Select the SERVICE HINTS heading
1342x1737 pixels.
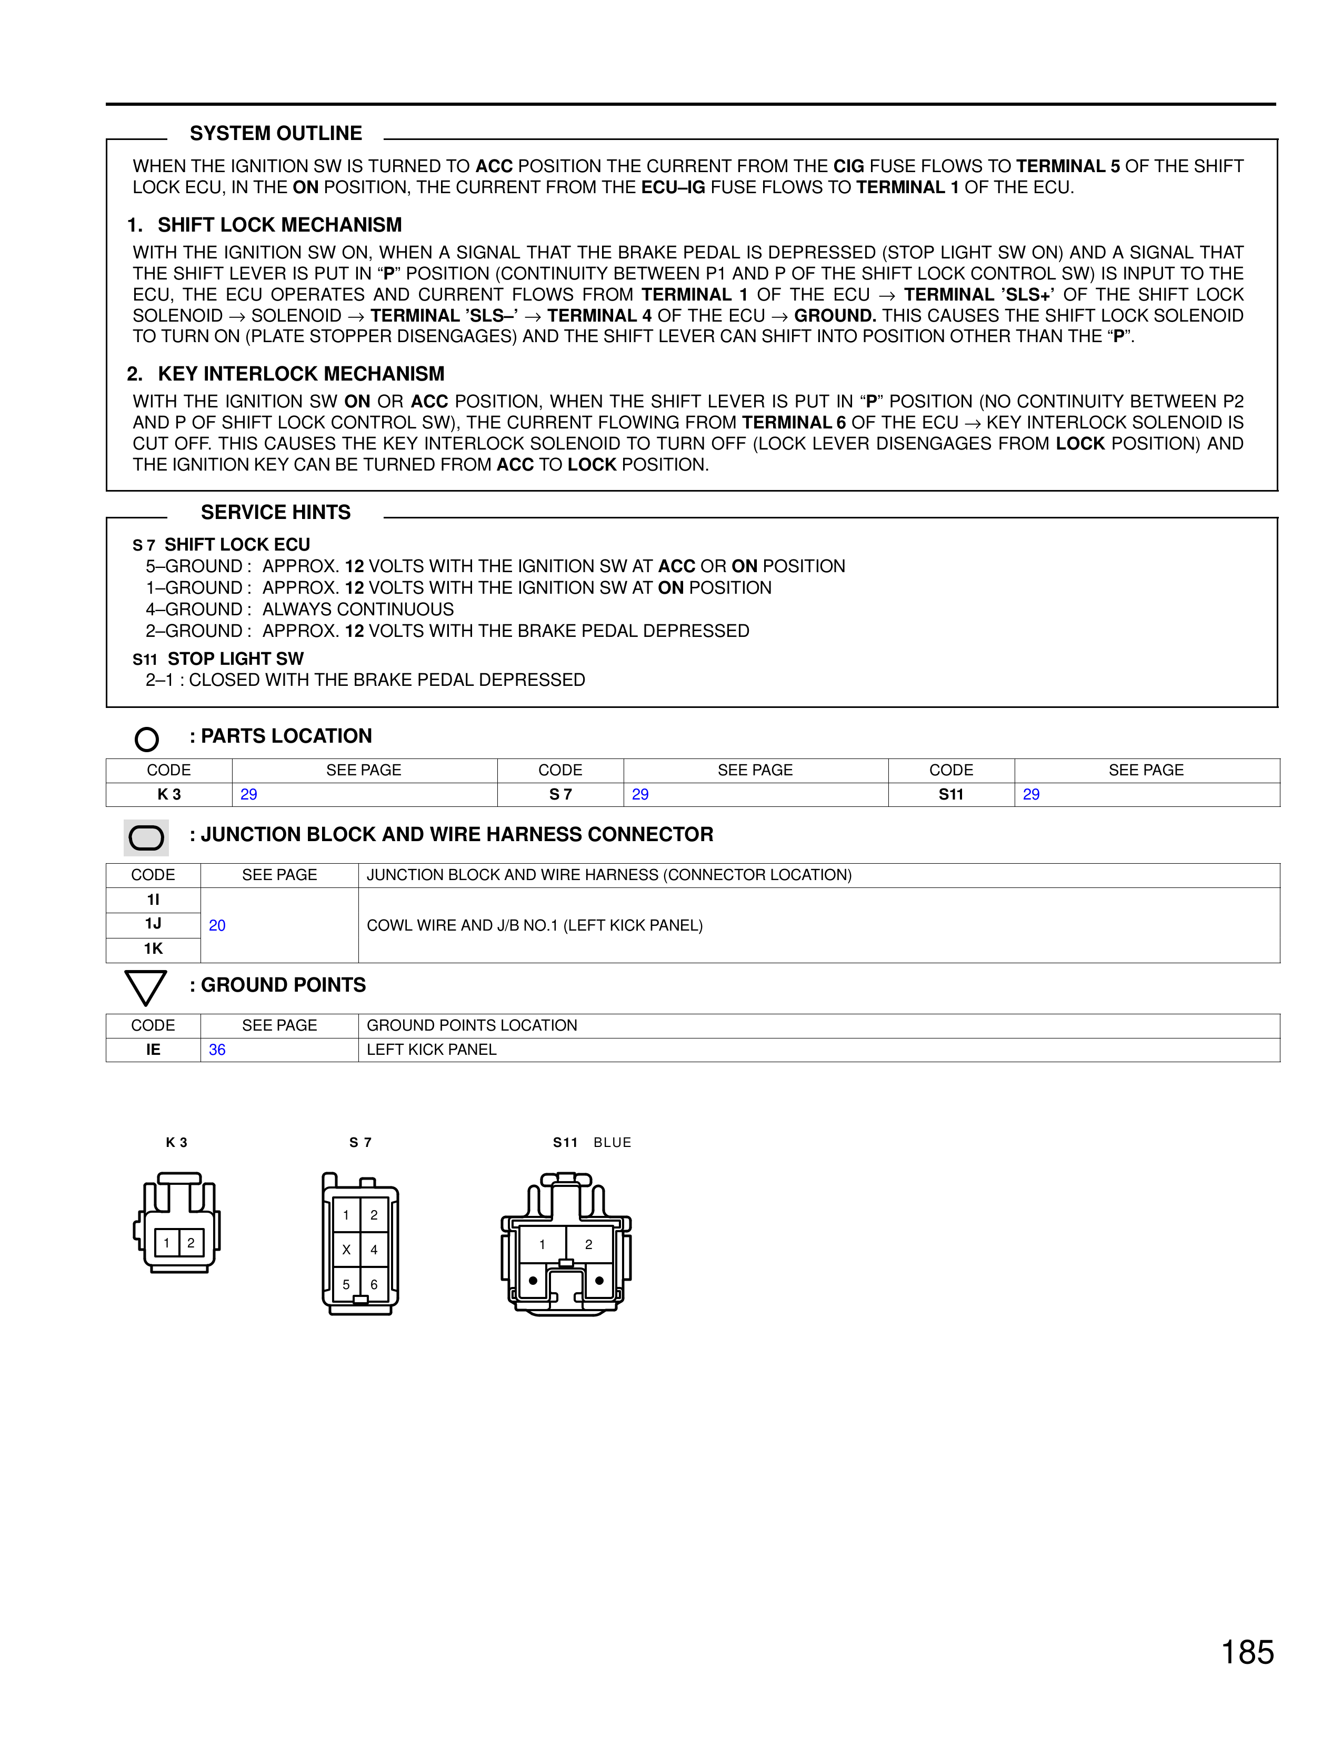[275, 512]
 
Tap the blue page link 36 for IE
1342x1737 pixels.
[217, 1050]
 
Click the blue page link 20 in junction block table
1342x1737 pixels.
[217, 925]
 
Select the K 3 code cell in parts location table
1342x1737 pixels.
[169, 794]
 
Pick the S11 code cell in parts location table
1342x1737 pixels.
[951, 794]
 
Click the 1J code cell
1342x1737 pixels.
[154, 923]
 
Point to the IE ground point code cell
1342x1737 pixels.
[154, 1050]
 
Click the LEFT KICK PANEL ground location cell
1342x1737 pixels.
[432, 1050]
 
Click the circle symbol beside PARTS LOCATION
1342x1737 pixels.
[147, 739]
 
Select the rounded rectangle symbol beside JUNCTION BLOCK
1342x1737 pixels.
[146, 837]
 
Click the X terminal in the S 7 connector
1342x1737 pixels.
[347, 1250]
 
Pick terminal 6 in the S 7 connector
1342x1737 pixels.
[374, 1284]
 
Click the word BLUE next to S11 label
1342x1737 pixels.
[612, 1143]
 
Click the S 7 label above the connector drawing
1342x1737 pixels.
[360, 1143]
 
